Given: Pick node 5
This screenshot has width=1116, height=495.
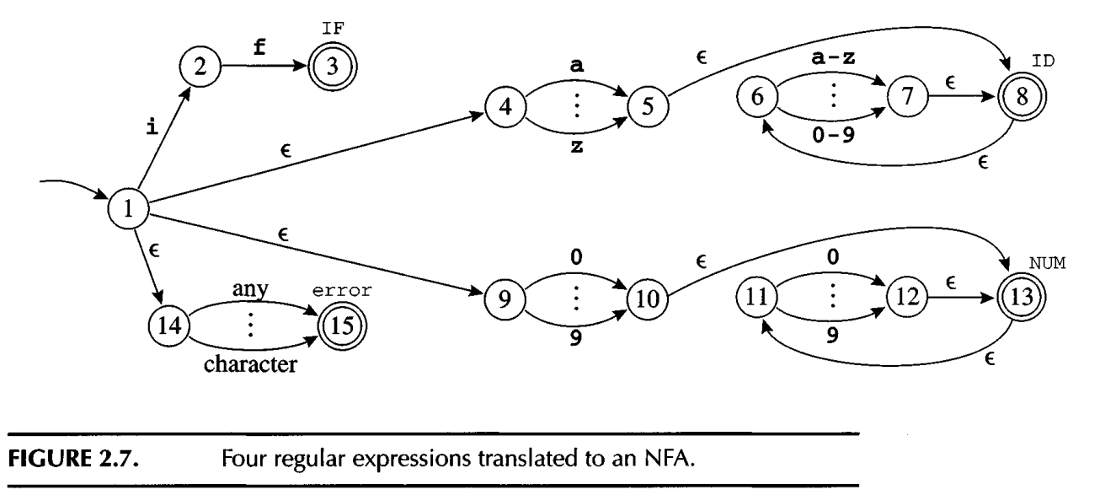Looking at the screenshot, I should (647, 111).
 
